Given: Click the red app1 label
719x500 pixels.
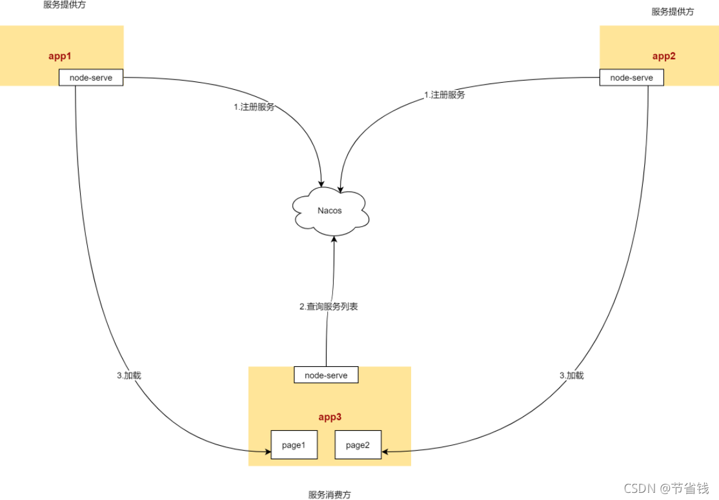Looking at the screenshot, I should click(59, 56).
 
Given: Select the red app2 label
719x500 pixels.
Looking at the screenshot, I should click(663, 56).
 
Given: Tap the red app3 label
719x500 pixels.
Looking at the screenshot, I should click(329, 417).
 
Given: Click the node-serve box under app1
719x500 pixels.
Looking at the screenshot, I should click(91, 78).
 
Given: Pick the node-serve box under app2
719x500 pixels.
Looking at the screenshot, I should click(631, 78).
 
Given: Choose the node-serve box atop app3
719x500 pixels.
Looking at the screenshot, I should click(326, 375).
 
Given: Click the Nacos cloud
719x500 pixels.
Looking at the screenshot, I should click(330, 211).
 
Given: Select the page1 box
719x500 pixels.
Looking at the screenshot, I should click(294, 444).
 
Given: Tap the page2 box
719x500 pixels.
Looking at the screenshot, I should click(358, 444).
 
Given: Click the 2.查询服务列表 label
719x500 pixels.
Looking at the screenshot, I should click(329, 307).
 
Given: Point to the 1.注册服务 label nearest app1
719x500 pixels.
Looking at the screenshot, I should click(254, 107).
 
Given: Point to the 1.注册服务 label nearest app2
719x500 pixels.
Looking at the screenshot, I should click(444, 94).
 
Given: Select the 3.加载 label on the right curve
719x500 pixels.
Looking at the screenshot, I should click(571, 375).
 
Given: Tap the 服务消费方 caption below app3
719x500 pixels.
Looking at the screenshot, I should click(329, 495).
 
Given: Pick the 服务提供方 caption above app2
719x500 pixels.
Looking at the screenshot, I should click(673, 12).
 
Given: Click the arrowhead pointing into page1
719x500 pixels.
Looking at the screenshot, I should click(267, 452).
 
